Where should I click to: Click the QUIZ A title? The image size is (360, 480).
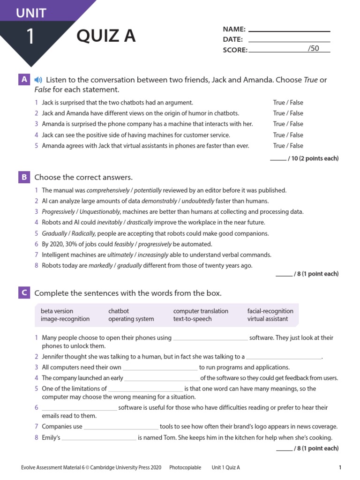pyautogui.click(x=106, y=36)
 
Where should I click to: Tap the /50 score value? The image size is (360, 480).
pyautogui.click(x=313, y=48)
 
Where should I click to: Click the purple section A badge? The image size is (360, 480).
pyautogui.click(x=24, y=80)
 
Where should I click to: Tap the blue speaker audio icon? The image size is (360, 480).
pyautogui.click(x=38, y=80)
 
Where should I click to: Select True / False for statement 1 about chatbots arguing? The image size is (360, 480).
pyautogui.click(x=288, y=102)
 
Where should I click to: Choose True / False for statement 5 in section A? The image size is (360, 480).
pyautogui.click(x=288, y=145)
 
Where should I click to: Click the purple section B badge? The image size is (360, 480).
pyautogui.click(x=24, y=177)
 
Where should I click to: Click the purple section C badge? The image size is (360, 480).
pyautogui.click(x=24, y=293)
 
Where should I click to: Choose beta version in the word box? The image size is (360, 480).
pyautogui.click(x=57, y=311)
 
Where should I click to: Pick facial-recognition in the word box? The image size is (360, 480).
pyautogui.click(x=270, y=311)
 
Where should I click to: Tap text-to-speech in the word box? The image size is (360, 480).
pyautogui.click(x=192, y=319)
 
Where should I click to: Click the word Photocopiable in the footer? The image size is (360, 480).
pyautogui.click(x=185, y=467)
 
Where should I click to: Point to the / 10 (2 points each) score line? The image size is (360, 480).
pyautogui.click(x=304, y=158)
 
